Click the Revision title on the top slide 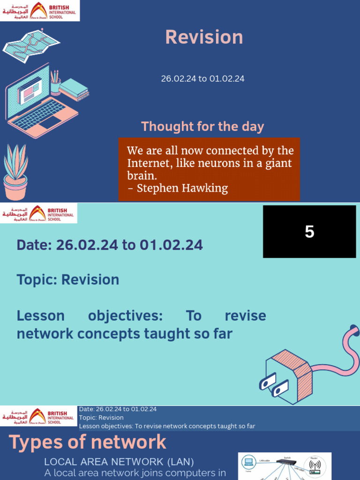204,37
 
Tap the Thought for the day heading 202,127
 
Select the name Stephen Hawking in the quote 182,188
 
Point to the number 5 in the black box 309,232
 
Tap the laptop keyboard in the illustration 39,114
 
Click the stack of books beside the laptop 74,89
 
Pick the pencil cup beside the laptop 55,84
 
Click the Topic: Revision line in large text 68,280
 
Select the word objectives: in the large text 125,315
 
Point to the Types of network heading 88,442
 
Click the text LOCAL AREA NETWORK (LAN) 119,462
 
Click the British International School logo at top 40,11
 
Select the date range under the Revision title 202,79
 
